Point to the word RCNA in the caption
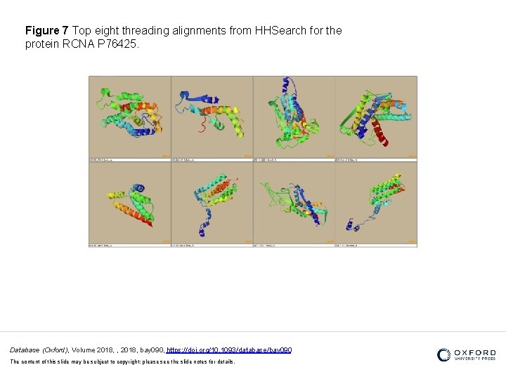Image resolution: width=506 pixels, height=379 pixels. [x=77, y=44]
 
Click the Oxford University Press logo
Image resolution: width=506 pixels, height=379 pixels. [x=466, y=354]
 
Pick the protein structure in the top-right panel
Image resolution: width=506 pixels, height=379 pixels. [x=373, y=116]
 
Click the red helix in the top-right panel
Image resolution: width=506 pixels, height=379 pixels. [x=379, y=133]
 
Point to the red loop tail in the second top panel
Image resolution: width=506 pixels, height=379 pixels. [x=205, y=127]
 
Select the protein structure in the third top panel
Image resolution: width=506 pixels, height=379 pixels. [x=292, y=116]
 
